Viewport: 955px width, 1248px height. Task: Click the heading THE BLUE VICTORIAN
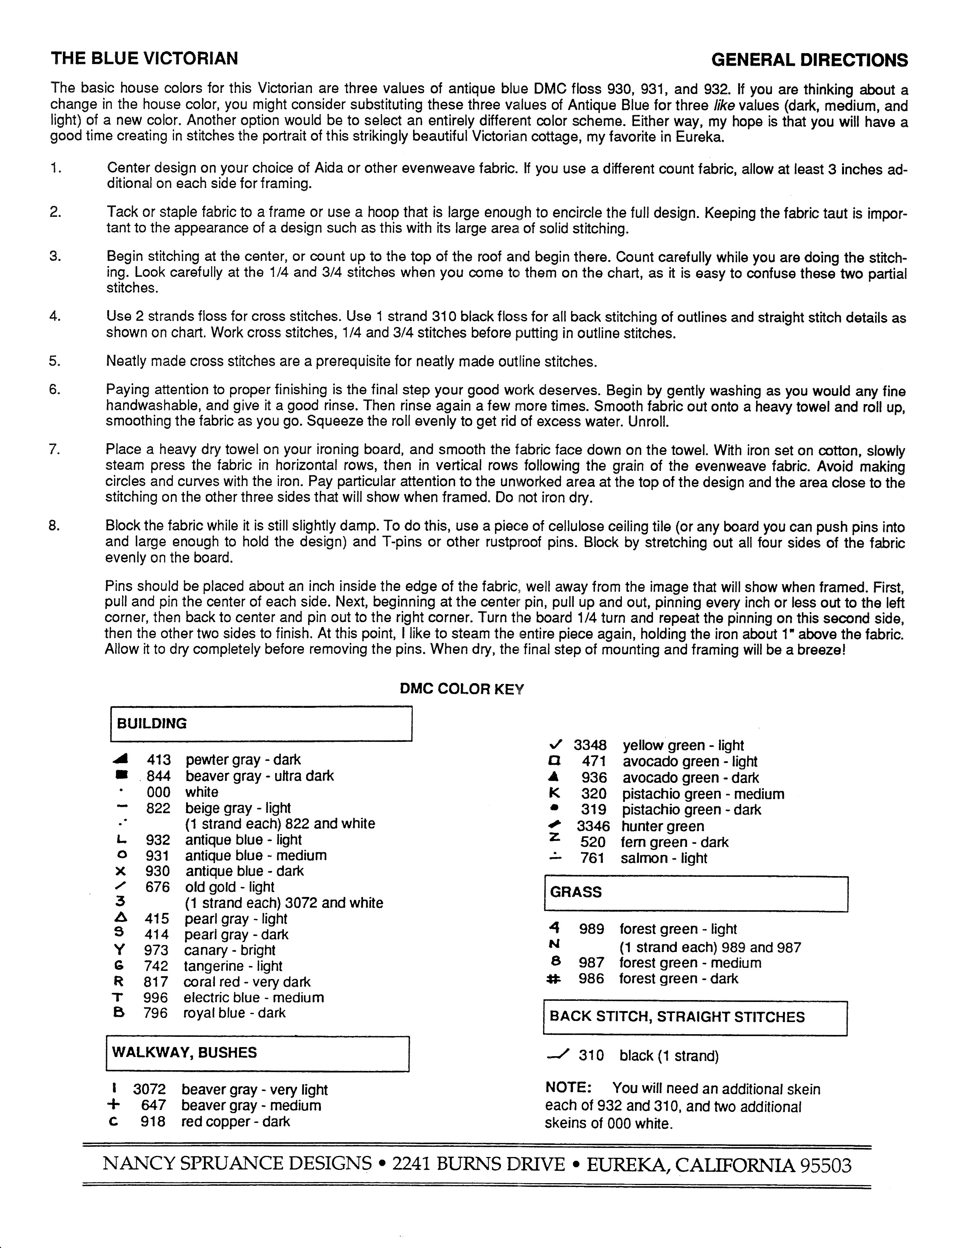(144, 58)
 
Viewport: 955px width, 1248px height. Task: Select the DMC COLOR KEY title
(462, 689)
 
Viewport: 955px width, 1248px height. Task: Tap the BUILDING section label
(152, 724)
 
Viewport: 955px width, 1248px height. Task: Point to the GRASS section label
(575, 892)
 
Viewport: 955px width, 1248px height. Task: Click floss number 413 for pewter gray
(158, 760)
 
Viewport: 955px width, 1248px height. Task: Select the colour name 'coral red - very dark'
(247, 981)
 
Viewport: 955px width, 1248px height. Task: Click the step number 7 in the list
(55, 449)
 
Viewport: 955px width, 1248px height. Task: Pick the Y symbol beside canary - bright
(120, 950)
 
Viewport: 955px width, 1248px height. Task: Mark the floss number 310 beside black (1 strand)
(591, 1056)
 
